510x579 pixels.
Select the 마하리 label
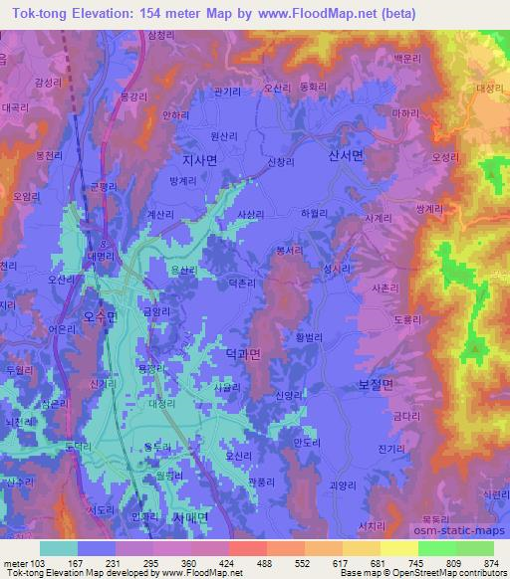(x=406, y=115)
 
